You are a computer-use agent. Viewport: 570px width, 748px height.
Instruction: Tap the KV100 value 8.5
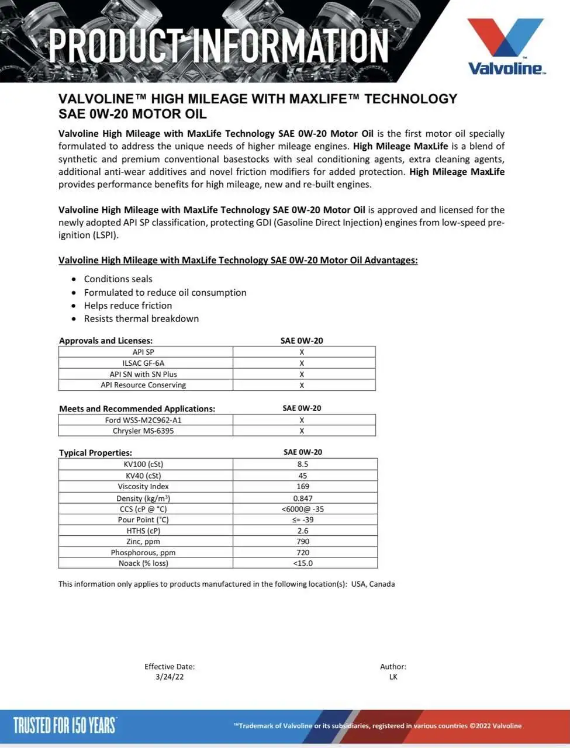pyautogui.click(x=302, y=464)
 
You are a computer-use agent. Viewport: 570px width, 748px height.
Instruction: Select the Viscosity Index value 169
pyautogui.click(x=303, y=486)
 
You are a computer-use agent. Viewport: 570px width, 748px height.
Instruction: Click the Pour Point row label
pyautogui.click(x=143, y=520)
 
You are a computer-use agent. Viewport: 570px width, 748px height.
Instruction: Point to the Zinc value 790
pyautogui.click(x=303, y=542)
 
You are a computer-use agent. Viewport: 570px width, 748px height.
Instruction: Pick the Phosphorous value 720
pyautogui.click(x=303, y=552)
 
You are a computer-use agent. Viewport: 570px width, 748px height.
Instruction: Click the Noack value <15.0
pyautogui.click(x=303, y=563)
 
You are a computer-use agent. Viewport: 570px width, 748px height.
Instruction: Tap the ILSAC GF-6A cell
pyautogui.click(x=143, y=363)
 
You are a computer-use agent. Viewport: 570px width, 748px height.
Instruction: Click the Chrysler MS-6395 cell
pyautogui.click(x=143, y=431)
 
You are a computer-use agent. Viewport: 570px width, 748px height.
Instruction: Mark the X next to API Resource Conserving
pyautogui.click(x=302, y=385)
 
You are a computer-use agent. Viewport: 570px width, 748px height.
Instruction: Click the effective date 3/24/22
pyautogui.click(x=170, y=677)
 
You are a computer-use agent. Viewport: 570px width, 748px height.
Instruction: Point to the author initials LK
pyautogui.click(x=393, y=677)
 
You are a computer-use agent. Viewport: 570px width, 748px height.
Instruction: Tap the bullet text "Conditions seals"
pyautogui.click(x=118, y=279)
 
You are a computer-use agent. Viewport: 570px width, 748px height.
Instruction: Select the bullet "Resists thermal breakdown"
pyautogui.click(x=141, y=318)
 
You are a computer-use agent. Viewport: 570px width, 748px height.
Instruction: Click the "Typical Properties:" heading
pyautogui.click(x=95, y=453)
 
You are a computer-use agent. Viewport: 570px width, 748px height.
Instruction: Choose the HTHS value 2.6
pyautogui.click(x=303, y=531)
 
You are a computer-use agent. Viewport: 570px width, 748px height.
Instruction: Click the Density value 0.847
pyautogui.click(x=303, y=498)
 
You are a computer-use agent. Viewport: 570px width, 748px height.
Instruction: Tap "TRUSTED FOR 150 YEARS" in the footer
pyautogui.click(x=64, y=725)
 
